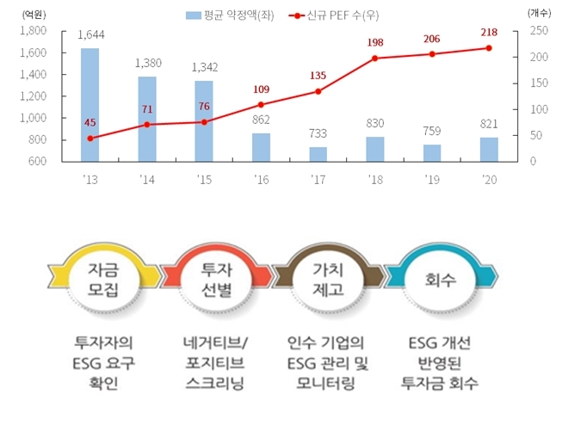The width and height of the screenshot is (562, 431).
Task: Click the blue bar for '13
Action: pyautogui.click(x=90, y=105)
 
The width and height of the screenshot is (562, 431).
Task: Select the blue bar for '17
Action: pyautogui.click(x=318, y=154)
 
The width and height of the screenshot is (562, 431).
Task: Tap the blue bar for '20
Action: pyautogui.click(x=489, y=149)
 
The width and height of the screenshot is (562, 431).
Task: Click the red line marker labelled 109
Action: pyautogui.click(x=261, y=105)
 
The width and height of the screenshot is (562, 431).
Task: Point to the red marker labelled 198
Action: pyautogui.click(x=375, y=58)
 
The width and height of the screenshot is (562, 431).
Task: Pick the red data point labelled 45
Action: pyautogui.click(x=90, y=138)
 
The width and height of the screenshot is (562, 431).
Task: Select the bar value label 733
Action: pyautogui.click(x=318, y=134)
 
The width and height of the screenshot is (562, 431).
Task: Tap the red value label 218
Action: pyautogui.click(x=488, y=32)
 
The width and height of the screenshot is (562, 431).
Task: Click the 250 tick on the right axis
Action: pyautogui.click(x=537, y=31)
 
